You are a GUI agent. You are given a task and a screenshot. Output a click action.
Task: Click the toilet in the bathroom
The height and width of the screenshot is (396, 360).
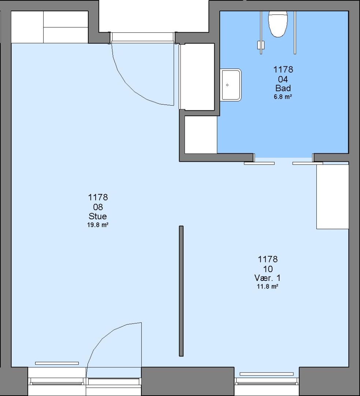click(x=278, y=24)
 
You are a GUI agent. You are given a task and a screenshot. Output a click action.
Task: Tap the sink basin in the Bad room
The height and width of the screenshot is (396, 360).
click(x=231, y=85)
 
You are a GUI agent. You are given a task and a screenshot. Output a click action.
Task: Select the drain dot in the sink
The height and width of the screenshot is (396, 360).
click(x=227, y=85)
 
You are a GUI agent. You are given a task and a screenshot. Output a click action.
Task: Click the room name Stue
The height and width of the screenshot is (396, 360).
click(x=98, y=216)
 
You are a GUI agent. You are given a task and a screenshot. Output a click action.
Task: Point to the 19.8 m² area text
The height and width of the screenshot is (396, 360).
click(x=98, y=225)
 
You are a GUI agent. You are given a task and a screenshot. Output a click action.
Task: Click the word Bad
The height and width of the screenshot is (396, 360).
click(x=283, y=88)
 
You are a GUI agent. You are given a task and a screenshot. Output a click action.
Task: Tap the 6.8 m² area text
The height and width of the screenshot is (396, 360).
click(x=283, y=96)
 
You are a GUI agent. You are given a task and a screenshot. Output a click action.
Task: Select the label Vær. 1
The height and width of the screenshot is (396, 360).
click(x=267, y=278)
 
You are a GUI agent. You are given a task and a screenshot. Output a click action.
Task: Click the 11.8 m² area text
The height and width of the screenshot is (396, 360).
click(x=267, y=287)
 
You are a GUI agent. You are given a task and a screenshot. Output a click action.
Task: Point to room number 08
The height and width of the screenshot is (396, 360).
click(x=98, y=207)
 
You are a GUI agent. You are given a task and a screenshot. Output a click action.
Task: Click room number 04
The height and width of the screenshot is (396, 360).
click(x=283, y=79)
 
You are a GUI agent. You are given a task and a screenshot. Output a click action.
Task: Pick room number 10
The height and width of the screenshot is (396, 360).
click(x=268, y=269)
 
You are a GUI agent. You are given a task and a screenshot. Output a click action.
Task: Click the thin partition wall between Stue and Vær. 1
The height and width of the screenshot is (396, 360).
click(x=181, y=291)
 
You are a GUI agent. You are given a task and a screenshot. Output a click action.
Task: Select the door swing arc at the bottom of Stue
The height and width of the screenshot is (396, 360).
click(x=103, y=340)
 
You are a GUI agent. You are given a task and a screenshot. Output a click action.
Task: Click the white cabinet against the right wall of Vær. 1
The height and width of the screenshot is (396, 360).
click(x=333, y=197)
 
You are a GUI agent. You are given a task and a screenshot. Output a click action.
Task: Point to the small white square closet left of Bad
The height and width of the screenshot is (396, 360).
click(x=201, y=135)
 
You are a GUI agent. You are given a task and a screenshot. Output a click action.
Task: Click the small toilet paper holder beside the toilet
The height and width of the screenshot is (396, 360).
click(x=261, y=45)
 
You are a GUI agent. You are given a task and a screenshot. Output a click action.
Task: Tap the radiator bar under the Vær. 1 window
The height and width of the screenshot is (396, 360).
click(x=266, y=374)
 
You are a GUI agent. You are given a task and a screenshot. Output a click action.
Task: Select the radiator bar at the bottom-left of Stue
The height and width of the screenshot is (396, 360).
click(x=57, y=363)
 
